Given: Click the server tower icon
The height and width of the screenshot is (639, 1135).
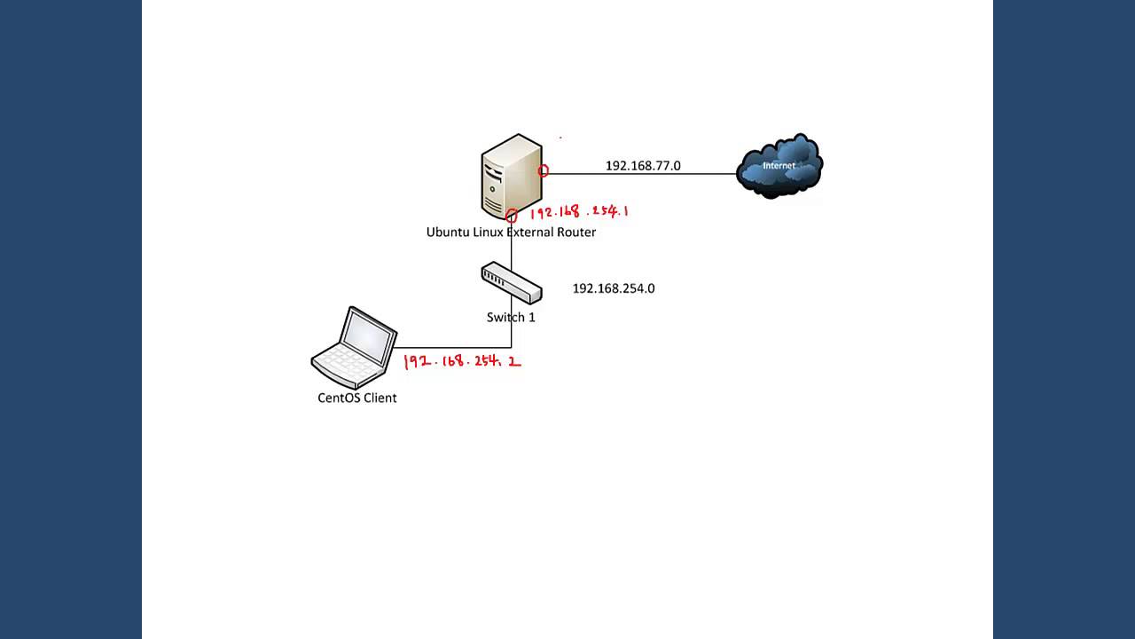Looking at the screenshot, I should click(510, 176).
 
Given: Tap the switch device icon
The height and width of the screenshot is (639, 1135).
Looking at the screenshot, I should click(511, 282).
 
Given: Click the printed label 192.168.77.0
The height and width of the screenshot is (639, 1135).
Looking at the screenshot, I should click(643, 166).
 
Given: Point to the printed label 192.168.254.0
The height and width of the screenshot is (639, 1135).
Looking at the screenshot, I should click(614, 288).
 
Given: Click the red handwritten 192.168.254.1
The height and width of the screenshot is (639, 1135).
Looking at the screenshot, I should click(579, 212).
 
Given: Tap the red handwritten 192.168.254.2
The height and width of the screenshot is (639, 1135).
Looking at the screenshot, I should click(462, 362).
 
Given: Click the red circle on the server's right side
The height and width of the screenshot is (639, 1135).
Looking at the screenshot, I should click(544, 170).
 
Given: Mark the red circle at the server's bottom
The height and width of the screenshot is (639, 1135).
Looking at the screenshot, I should click(512, 216).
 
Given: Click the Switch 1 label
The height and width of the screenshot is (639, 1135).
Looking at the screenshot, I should click(511, 317).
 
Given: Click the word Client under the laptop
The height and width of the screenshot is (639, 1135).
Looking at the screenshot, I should click(380, 398).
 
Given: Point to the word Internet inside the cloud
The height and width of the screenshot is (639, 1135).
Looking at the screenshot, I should click(779, 165).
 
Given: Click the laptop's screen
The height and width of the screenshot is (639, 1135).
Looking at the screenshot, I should click(369, 338).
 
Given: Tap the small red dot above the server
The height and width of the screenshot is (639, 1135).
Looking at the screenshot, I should click(560, 138).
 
